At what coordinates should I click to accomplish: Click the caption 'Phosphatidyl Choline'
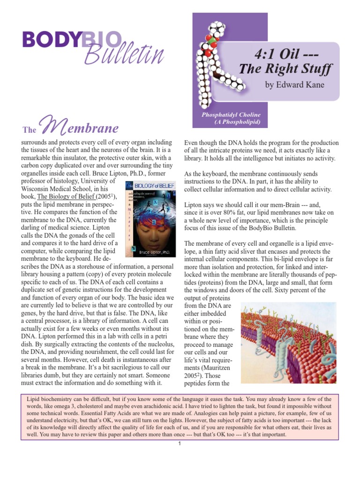(x=231, y=115)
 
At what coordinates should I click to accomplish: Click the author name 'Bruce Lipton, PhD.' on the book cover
(x=150, y=252)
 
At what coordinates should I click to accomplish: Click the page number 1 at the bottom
(x=180, y=444)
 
